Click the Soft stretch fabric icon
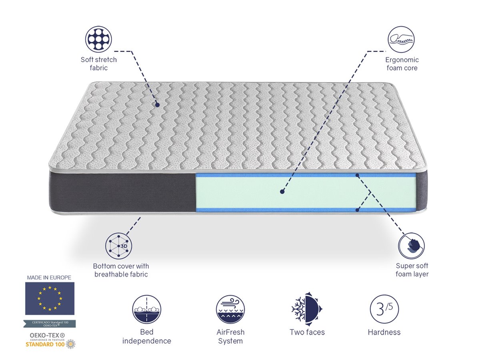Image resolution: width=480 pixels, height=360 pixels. [x=98, y=39]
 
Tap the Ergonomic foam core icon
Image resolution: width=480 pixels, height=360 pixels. [x=401, y=39]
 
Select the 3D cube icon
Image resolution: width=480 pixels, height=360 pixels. [x=118, y=246]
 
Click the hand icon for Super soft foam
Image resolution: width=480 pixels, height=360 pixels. [x=411, y=246]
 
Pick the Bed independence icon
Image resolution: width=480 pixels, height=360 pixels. [x=146, y=309]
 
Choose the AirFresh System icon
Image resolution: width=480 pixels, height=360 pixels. [x=230, y=309]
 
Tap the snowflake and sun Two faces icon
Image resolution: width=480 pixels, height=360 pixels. [x=307, y=309]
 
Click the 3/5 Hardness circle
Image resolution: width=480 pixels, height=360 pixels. [x=384, y=309]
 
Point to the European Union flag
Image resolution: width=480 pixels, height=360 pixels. [x=50, y=298]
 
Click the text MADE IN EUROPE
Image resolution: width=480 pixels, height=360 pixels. [x=49, y=278]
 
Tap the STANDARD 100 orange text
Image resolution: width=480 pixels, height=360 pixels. [x=45, y=344]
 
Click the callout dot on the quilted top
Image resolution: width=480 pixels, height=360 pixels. [x=157, y=105]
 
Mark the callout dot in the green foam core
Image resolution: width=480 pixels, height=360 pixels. [x=282, y=192]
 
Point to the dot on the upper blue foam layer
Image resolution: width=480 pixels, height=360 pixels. [x=357, y=175]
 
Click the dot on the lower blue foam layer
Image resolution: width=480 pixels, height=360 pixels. [x=357, y=210]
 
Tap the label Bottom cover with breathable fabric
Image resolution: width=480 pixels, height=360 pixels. [x=121, y=270]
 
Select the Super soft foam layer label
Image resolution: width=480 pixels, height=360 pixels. [x=412, y=270]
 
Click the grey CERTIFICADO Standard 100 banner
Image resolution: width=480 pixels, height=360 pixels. [x=50, y=324]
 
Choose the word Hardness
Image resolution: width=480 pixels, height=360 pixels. [x=384, y=332]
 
